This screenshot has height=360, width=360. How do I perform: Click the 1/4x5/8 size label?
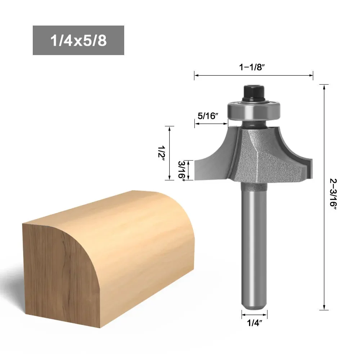(x=78, y=40)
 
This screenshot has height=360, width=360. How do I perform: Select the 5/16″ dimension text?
(x=208, y=116)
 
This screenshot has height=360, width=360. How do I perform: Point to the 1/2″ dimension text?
(x=161, y=153)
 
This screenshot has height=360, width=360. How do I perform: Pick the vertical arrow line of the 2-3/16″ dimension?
(x=325, y=234)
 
